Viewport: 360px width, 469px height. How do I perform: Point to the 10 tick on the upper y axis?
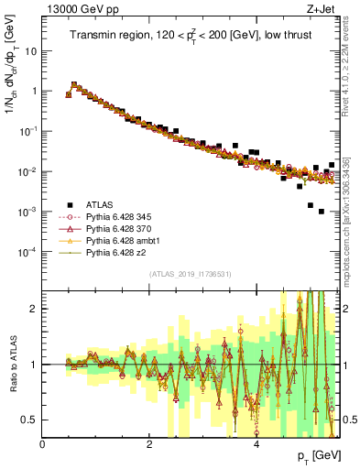[x=32, y=51]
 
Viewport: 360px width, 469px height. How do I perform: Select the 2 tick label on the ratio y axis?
[x=35, y=309]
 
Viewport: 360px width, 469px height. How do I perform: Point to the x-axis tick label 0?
[x=43, y=445]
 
